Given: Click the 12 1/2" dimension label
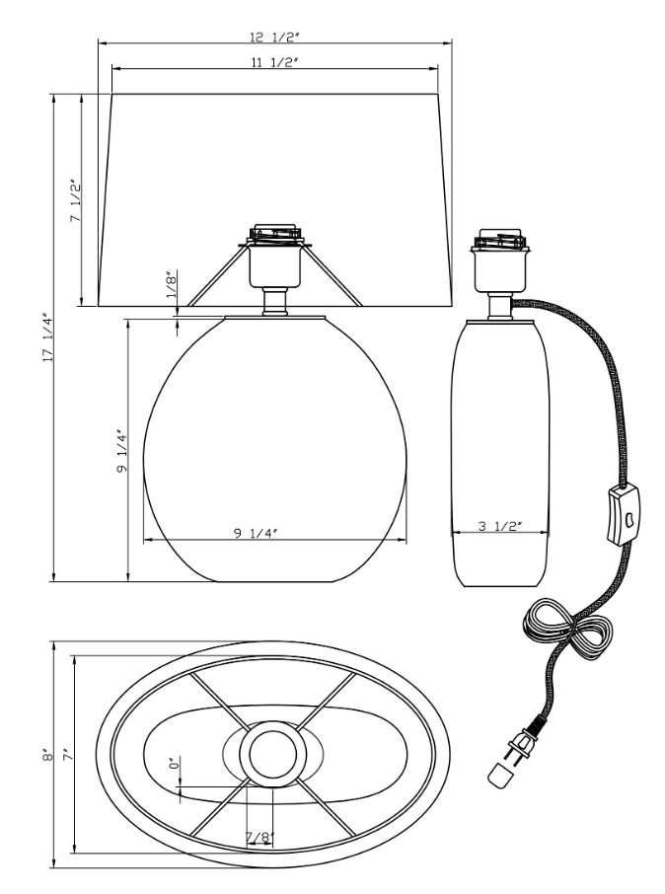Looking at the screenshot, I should pos(276,37).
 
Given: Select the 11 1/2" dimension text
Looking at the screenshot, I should pos(276,62).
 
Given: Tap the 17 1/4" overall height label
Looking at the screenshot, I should pos(43,337).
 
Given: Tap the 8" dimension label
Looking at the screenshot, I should pos(43,755).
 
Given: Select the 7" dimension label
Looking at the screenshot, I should pos(67,755).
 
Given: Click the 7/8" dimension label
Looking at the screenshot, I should pos(259,838).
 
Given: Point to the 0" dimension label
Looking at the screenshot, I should pos(172,764).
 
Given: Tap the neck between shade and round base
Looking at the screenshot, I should pos(275,300).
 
